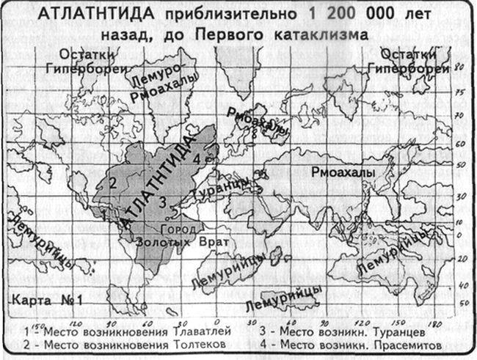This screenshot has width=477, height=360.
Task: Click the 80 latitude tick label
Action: click(x=459, y=67)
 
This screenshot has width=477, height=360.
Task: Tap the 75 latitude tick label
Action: click(x=459, y=93)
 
